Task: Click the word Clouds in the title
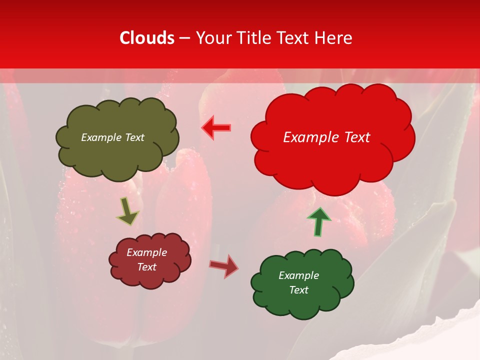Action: pos(147,38)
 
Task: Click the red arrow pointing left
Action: pos(216,128)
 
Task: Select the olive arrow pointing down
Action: pos(127,211)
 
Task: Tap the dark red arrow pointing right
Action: pos(224,265)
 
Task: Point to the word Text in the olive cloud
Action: pos(134,137)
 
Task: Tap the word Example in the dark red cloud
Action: pos(147,252)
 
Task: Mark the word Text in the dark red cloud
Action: pos(147,267)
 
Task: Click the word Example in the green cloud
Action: pos(298,275)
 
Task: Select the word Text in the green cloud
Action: pos(298,290)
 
